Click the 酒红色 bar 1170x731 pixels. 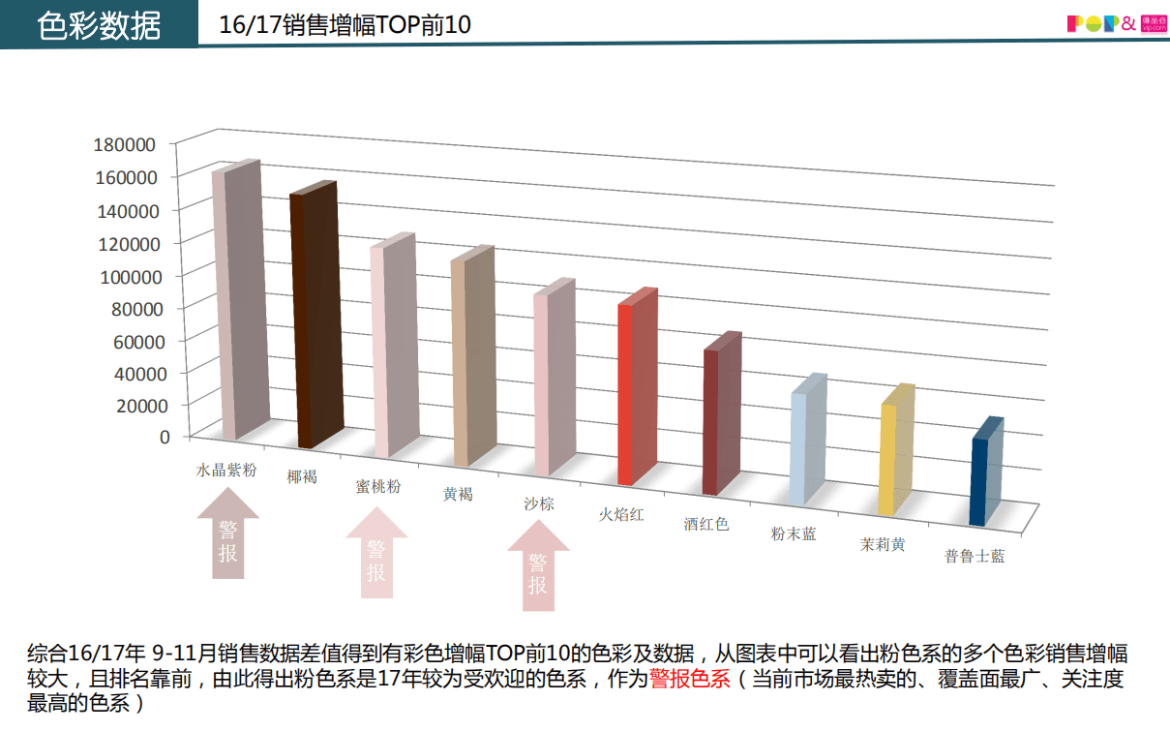point(717,417)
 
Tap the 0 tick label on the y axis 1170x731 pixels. point(165,436)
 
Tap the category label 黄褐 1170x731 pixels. point(458,495)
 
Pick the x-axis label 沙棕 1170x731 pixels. point(539,503)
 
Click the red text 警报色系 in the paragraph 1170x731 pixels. point(689,679)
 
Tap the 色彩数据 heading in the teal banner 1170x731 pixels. point(99,26)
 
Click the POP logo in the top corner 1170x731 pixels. point(1101,24)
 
